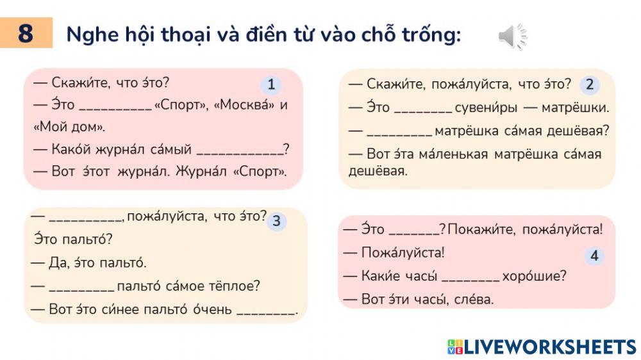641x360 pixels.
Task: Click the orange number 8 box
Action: [x=26, y=33]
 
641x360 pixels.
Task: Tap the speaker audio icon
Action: [x=512, y=37]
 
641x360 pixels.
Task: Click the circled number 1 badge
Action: [x=271, y=85]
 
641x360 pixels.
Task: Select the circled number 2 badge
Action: [x=589, y=85]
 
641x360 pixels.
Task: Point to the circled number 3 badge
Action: [x=276, y=222]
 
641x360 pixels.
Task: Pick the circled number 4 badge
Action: [x=594, y=256]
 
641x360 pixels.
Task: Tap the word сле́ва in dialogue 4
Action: [x=476, y=299]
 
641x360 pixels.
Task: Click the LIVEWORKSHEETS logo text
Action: [x=550, y=347]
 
